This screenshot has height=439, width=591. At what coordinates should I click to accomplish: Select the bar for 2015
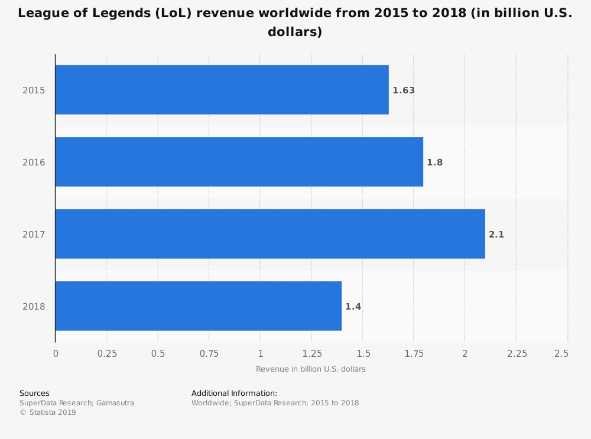pyautogui.click(x=222, y=90)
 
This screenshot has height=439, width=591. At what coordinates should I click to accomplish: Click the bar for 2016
pyautogui.click(x=239, y=162)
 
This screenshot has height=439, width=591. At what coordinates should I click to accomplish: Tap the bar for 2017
pyautogui.click(x=270, y=234)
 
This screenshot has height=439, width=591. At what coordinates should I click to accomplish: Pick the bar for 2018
pyautogui.click(x=198, y=306)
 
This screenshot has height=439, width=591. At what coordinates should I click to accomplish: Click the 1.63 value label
pyautogui.click(x=404, y=90)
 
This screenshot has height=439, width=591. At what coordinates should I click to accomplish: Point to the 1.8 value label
pyautogui.click(x=434, y=162)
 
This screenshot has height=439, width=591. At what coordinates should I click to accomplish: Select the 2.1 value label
pyautogui.click(x=496, y=235)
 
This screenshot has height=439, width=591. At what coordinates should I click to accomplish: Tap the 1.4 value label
pyautogui.click(x=353, y=307)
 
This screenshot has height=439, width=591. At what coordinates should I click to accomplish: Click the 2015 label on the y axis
pyautogui.click(x=34, y=90)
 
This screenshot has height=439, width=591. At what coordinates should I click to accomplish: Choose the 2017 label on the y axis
pyautogui.click(x=34, y=235)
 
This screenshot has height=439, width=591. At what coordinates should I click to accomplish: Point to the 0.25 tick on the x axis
pyautogui.click(x=106, y=353)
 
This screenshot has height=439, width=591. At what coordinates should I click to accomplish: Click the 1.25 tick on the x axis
pyautogui.click(x=311, y=353)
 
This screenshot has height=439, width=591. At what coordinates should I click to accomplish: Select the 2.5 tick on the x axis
pyautogui.click(x=561, y=353)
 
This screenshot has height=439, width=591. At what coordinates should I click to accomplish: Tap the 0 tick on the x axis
pyautogui.click(x=56, y=353)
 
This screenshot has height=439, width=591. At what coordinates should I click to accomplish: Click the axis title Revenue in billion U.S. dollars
pyautogui.click(x=310, y=369)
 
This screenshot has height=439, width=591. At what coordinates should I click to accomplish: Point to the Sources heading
pyautogui.click(x=34, y=393)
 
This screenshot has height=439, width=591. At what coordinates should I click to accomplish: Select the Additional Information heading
pyautogui.click(x=234, y=393)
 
